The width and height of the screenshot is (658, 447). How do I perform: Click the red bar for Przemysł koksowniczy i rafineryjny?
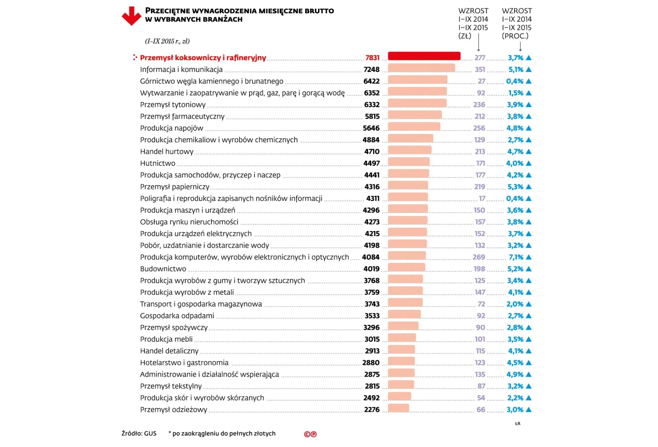(x=424, y=56)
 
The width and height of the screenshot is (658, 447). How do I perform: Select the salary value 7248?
(x=371, y=69)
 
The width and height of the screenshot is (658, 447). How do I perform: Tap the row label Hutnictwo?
(x=157, y=163)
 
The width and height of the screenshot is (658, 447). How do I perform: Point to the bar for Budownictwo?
(x=406, y=267)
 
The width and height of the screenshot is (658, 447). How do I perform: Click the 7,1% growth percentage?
(x=516, y=257)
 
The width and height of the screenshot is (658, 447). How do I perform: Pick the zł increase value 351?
(x=480, y=69)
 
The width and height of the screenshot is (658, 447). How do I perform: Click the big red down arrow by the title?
(x=131, y=16)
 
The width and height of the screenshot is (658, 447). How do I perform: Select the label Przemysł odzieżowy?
(x=173, y=409)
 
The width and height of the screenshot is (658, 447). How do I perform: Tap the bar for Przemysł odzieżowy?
(x=399, y=408)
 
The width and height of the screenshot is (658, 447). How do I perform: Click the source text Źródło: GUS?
(x=139, y=433)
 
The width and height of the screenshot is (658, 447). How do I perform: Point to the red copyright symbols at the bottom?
(x=310, y=434)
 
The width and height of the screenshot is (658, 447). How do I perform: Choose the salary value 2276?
(x=372, y=409)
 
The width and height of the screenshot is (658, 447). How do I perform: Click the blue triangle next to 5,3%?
(x=528, y=187)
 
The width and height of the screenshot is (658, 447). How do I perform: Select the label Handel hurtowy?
(x=166, y=152)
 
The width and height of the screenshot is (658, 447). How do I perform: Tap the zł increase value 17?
(x=482, y=199)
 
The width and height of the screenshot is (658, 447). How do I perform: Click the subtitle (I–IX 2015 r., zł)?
(x=167, y=41)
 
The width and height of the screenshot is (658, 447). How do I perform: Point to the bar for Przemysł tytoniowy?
(x=417, y=103)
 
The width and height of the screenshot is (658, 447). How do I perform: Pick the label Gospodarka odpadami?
(x=177, y=316)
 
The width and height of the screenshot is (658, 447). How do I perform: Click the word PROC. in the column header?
(x=515, y=36)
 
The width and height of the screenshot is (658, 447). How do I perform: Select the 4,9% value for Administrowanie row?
(x=515, y=375)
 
